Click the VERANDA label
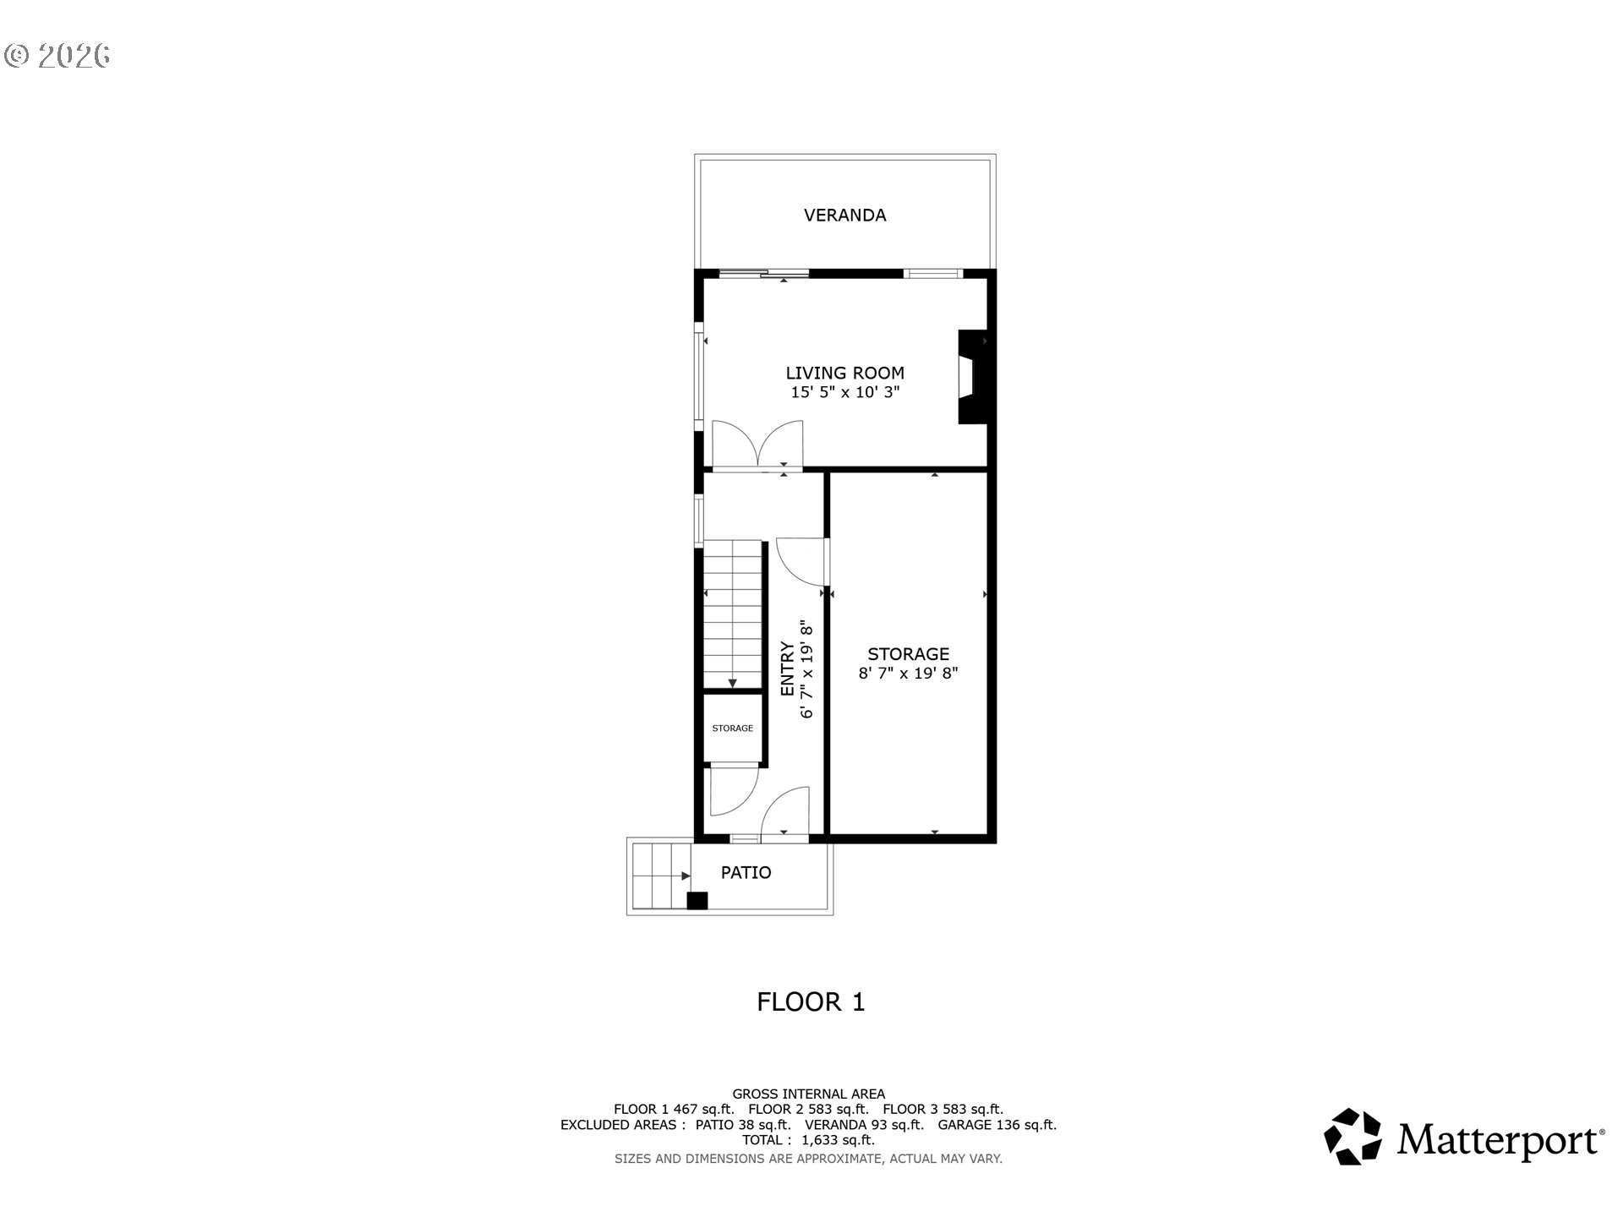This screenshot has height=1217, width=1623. (844, 216)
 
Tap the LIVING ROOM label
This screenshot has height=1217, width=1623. (844, 373)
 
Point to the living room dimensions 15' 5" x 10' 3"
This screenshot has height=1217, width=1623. (844, 392)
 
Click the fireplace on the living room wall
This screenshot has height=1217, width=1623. (972, 376)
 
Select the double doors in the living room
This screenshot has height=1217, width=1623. (757, 444)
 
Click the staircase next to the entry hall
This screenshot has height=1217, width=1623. (734, 614)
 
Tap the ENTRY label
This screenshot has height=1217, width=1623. (787, 669)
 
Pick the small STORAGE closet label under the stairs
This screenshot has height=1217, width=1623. (732, 729)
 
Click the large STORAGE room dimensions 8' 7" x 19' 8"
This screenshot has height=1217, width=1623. (908, 674)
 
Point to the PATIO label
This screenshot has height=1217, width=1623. (746, 872)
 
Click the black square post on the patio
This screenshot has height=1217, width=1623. (697, 901)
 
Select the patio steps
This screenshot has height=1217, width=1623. (660, 876)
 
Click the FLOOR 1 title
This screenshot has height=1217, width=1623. (811, 1002)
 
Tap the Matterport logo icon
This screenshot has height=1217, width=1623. (1352, 1137)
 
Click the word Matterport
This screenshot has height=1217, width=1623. (1500, 1139)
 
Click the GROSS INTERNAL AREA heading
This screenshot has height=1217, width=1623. (809, 1094)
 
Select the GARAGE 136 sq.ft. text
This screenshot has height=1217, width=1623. (997, 1125)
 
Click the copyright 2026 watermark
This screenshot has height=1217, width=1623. (57, 56)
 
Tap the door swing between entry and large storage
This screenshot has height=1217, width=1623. (799, 560)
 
